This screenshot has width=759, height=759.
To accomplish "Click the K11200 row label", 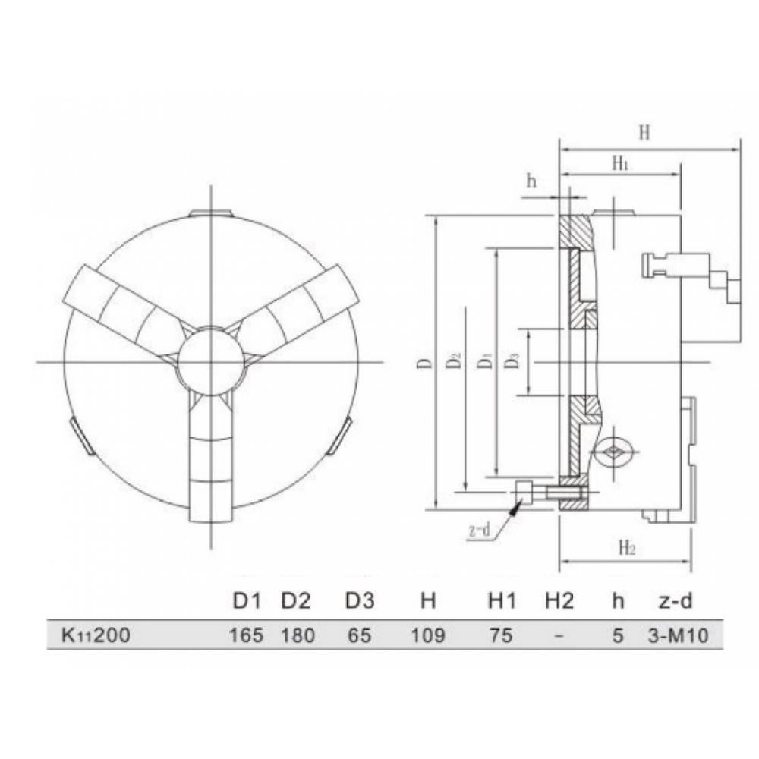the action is click(x=96, y=635).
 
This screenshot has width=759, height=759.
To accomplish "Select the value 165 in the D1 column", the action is click(x=246, y=635).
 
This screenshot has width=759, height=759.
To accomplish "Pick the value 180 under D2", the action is click(x=298, y=635).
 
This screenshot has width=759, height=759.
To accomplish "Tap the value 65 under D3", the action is click(x=360, y=635).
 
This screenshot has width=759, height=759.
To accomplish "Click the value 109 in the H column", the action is click(x=428, y=635).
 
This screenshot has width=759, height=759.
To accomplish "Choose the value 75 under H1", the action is click(x=500, y=635).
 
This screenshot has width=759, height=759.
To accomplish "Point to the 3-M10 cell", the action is click(x=678, y=635).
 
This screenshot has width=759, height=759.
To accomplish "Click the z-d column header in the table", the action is click(x=676, y=600).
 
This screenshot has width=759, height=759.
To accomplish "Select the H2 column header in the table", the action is click(x=559, y=600).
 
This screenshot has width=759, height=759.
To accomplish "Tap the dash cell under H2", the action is click(x=559, y=635).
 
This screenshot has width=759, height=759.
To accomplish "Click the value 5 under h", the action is click(x=618, y=635).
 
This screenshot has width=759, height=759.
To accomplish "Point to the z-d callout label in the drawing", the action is click(x=480, y=531).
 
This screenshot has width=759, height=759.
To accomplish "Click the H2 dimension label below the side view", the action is click(x=627, y=547).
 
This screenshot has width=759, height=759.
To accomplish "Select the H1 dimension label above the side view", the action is click(x=620, y=163).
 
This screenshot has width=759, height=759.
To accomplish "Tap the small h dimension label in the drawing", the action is click(x=531, y=181).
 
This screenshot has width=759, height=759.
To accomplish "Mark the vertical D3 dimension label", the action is click(x=513, y=361).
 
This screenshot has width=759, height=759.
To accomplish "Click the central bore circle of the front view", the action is click(x=177, y=361).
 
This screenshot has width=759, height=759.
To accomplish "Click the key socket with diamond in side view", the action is click(x=614, y=452).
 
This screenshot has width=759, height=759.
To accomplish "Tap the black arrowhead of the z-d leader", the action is click(x=515, y=508).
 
